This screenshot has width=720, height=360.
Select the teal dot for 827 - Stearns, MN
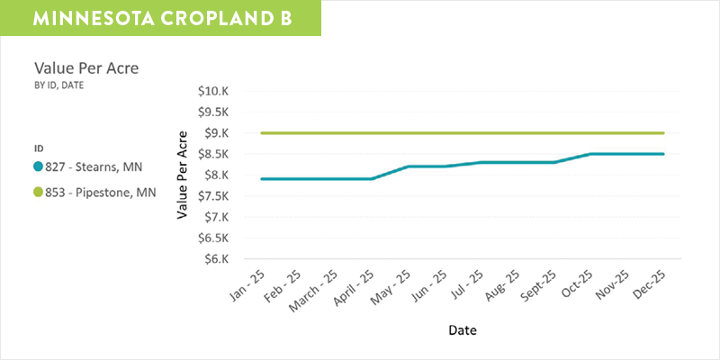38,166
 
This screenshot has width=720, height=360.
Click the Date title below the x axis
462,330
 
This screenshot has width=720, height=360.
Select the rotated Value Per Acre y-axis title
183,175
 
